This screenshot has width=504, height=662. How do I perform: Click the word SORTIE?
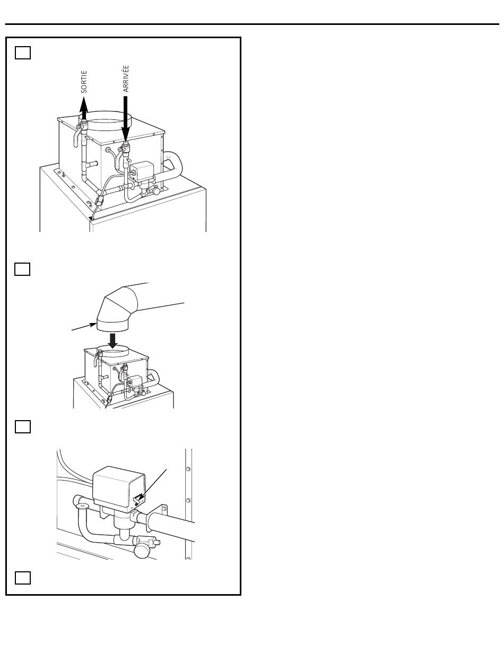click(84, 82)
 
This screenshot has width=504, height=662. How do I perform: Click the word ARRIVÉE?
click(126, 79)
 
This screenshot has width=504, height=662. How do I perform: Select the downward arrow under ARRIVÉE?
click(126, 119)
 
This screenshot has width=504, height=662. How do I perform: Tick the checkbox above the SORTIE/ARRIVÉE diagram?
click(23, 53)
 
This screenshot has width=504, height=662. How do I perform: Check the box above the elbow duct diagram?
click(22, 269)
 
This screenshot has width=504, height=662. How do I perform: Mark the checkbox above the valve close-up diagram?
click(23, 426)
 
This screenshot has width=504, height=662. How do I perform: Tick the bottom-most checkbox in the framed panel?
click(23, 578)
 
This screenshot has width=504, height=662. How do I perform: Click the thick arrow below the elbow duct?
click(113, 341)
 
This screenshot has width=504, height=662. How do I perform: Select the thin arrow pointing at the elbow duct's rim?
click(84, 327)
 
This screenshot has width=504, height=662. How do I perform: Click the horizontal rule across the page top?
click(252, 24)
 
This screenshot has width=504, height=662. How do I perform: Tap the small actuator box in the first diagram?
click(141, 170)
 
